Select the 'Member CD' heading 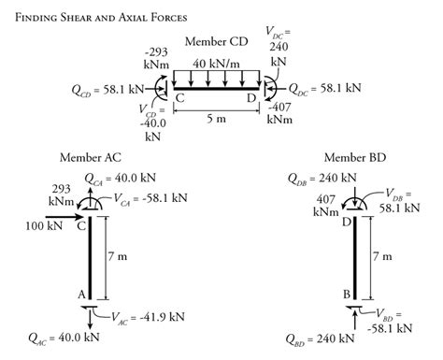(215, 41)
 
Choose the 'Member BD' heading (354, 156)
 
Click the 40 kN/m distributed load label (216, 64)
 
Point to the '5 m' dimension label (216, 120)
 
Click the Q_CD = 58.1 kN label (108, 91)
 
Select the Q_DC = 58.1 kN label (324, 91)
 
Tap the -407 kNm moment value (279, 112)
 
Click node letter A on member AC (81, 295)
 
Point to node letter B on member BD (345, 295)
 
